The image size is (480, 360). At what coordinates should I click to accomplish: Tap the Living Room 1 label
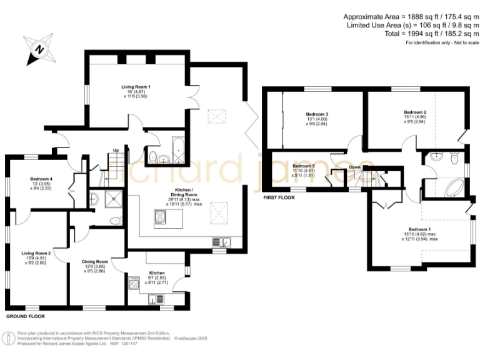tap(136, 86)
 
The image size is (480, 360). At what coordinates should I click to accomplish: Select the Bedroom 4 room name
tap(41, 179)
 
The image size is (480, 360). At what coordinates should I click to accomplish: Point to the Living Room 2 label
tap(36, 252)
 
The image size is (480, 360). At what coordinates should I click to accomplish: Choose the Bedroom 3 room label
tap(317, 114)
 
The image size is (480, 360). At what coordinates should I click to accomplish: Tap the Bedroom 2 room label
tap(415, 111)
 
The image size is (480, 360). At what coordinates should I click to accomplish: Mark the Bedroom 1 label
tap(419, 229)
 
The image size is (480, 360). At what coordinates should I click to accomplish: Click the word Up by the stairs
tap(116, 150)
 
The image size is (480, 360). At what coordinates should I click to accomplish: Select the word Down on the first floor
tap(354, 167)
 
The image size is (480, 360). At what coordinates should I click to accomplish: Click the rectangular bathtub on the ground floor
tap(175, 150)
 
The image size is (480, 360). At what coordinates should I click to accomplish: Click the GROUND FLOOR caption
tap(25, 317)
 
